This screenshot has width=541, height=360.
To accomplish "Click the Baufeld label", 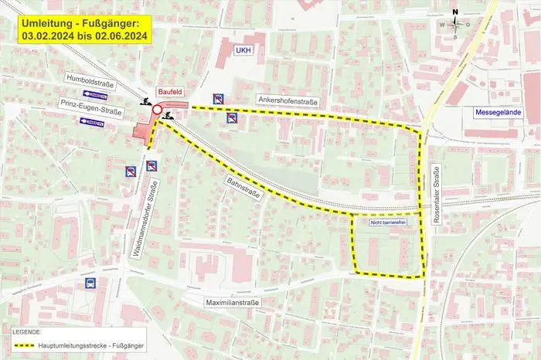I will click(x=169, y=90).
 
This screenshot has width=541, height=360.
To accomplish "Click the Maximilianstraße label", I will click(x=233, y=302).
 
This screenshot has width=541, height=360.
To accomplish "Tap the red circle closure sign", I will click(x=157, y=112).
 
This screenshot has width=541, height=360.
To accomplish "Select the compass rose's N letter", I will click(x=456, y=12).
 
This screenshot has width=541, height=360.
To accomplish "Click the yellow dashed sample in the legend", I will click(x=36, y=345).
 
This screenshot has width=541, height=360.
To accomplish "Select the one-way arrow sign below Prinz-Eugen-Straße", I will click(x=91, y=121).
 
